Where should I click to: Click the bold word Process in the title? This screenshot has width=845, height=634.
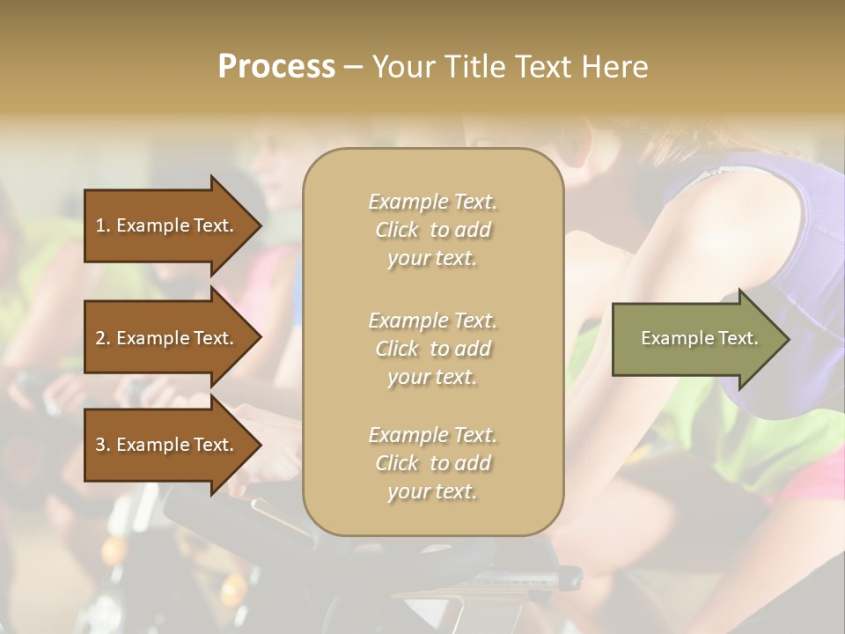(x=276, y=67)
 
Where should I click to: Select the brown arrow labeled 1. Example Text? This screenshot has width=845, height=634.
(x=167, y=225)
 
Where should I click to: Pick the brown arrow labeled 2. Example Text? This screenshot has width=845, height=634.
(x=167, y=338)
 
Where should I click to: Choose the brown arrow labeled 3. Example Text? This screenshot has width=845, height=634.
(x=167, y=445)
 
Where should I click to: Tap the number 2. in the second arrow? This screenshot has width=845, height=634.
(x=103, y=338)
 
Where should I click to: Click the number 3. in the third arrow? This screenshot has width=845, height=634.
(x=103, y=445)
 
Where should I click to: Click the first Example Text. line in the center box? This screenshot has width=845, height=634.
(x=432, y=202)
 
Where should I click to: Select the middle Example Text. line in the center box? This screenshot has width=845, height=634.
(x=432, y=321)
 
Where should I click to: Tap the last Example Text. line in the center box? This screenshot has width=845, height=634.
(x=432, y=435)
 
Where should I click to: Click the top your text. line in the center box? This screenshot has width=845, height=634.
(x=432, y=259)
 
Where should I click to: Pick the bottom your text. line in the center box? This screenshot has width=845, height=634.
(x=432, y=492)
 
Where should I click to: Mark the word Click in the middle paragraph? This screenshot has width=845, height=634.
(x=396, y=349)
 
